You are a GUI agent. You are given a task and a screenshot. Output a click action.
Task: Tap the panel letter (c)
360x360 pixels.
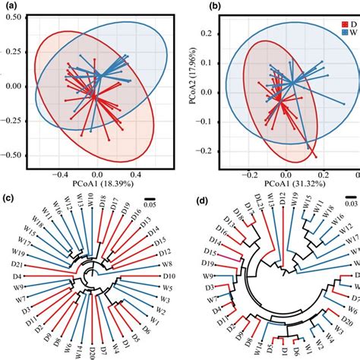(x=9, y=200)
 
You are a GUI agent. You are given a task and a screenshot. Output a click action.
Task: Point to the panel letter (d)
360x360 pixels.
(x=197, y=200)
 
